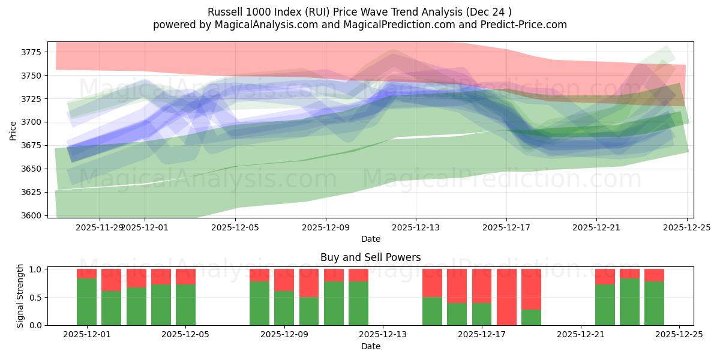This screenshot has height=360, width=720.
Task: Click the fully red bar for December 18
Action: [x=506, y=297]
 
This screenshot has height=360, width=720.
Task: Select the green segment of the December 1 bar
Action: [x=86, y=302]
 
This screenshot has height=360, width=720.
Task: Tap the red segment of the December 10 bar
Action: [x=334, y=275]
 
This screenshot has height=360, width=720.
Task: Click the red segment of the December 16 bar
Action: [x=457, y=286]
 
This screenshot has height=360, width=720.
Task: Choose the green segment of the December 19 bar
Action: [x=531, y=317]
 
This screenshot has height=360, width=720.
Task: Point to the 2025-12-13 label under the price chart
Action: [x=416, y=227]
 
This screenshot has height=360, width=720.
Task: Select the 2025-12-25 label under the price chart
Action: [x=686, y=227]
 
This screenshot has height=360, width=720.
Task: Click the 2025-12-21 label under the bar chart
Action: [x=581, y=335]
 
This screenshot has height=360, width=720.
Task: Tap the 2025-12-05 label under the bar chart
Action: [x=185, y=335]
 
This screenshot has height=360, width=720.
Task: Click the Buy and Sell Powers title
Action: [x=370, y=257]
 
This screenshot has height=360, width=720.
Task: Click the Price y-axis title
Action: [x=13, y=130]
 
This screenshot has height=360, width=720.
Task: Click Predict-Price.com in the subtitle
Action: [x=527, y=25]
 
